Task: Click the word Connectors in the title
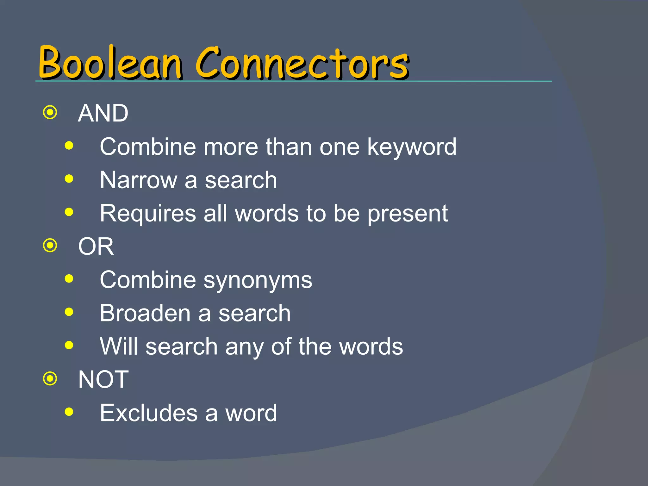click(302, 62)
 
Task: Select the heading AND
click(103, 113)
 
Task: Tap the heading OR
click(96, 246)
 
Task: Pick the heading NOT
click(103, 379)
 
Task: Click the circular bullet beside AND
click(50, 113)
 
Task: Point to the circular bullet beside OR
click(50, 246)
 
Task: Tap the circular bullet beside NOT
click(50, 379)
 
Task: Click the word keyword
click(412, 147)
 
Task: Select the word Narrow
click(138, 180)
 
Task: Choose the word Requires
click(148, 214)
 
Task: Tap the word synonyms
click(258, 281)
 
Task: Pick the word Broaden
click(145, 313)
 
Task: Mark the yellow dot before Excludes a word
click(69, 412)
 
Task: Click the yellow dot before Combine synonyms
click(69, 279)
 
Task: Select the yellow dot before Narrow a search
click(69, 179)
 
